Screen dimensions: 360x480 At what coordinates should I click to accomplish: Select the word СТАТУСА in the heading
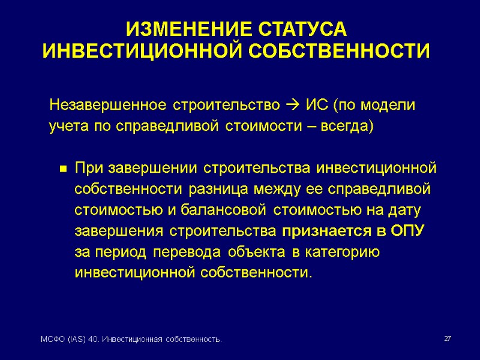[x=302, y=29]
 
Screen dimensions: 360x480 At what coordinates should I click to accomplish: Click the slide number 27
[x=447, y=340]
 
